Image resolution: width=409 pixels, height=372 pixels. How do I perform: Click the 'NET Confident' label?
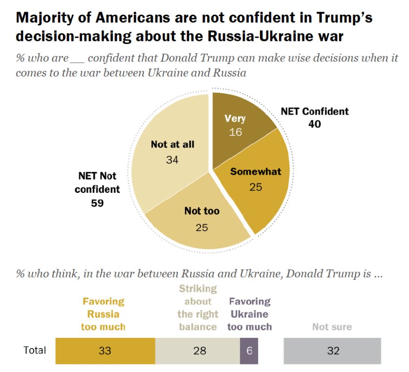[x=314, y=111]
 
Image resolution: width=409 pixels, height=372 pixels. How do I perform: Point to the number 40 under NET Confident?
[x=314, y=124]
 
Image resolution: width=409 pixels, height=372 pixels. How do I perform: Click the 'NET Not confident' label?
[x=97, y=182]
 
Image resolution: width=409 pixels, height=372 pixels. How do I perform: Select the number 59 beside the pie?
[x=97, y=202]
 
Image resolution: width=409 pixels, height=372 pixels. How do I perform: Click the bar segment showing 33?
[x=105, y=351]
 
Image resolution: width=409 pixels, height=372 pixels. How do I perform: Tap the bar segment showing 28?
[x=197, y=351]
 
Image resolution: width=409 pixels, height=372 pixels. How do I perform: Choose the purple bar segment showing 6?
[x=249, y=351]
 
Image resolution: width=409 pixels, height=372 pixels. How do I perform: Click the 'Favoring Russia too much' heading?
[x=103, y=314]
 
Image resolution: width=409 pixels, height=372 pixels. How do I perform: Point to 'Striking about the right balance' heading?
[x=197, y=308]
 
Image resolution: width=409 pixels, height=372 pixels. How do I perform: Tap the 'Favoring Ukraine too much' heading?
[x=249, y=314]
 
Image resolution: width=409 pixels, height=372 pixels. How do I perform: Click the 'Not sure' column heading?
[x=332, y=327]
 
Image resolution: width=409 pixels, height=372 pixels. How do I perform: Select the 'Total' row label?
[x=35, y=351]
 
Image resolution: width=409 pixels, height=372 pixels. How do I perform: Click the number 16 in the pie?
[x=235, y=132]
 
